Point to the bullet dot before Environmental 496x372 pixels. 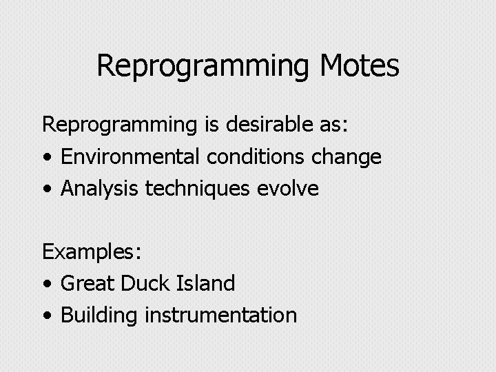[46, 158]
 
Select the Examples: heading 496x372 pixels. [92, 252]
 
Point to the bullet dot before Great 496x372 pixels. [46, 284]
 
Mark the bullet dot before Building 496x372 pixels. [46, 316]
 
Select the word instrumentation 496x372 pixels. [220, 315]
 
